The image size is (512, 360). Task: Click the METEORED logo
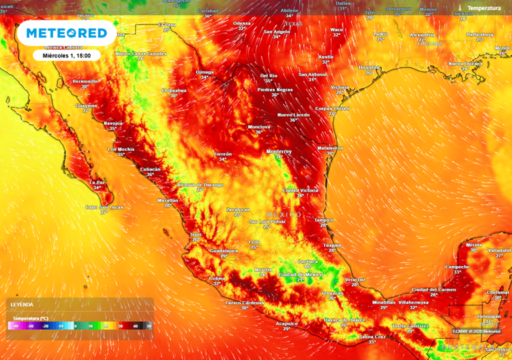coord(66,33)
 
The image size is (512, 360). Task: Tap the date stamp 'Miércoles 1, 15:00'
coord(67,55)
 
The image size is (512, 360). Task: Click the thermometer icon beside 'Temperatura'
coord(461,8)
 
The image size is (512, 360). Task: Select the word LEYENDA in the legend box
coord(21,304)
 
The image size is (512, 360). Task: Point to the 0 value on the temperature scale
coord(75,326)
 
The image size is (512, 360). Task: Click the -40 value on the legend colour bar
coord(13,326)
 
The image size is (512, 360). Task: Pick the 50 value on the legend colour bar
coord(149,326)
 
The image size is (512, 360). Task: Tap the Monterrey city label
coord(279,151)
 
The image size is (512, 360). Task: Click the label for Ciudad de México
coord(301,274)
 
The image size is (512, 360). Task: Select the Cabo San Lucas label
coord(105,207)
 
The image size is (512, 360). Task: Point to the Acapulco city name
coord(287,323)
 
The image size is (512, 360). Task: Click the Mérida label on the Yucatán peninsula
coord(473,245)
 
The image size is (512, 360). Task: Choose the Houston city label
coord(369,67)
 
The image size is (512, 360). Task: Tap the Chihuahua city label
coord(173,90)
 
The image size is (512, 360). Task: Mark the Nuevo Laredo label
coord(294,115)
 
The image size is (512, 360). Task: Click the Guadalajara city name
coord(224,251)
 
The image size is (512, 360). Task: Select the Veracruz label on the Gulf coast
coord(355,279)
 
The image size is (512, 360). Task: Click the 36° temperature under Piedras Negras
coord(275,95)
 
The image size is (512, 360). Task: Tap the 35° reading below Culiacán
coord(150,175)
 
